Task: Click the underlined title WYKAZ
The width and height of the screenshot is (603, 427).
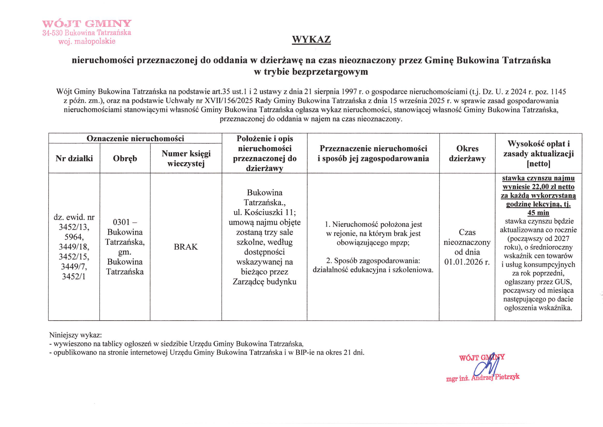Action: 311,40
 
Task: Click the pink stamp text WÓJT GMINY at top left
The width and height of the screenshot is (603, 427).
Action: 87,24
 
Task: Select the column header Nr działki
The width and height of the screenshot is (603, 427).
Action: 74,158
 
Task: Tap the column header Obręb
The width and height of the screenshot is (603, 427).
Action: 125,158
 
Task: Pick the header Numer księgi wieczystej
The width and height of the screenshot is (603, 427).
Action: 186,158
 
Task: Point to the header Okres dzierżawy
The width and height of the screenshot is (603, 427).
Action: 467,154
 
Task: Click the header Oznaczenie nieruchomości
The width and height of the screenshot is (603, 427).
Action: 135,138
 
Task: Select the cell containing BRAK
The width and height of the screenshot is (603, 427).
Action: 186,247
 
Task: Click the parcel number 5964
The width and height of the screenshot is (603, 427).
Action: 74,237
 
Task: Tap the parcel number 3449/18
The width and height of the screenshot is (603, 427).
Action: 74,247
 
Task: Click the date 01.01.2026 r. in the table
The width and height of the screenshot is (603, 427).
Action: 467,262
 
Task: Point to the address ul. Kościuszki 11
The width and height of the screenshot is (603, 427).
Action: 265,212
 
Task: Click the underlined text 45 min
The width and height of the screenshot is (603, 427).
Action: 538,213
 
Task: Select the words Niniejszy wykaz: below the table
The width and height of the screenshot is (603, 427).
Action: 75,335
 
